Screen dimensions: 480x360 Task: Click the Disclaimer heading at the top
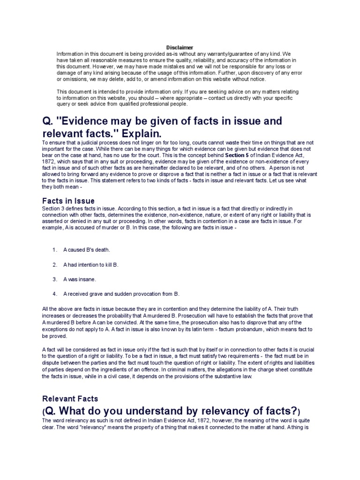pos(180,47)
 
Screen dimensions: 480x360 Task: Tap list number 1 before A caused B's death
pos(55,250)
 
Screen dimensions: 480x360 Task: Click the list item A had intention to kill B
pos(91,265)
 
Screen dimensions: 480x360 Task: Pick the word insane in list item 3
pos(87,279)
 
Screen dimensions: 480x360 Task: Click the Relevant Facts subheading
pos(70,398)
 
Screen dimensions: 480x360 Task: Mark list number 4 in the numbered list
pos(55,294)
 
